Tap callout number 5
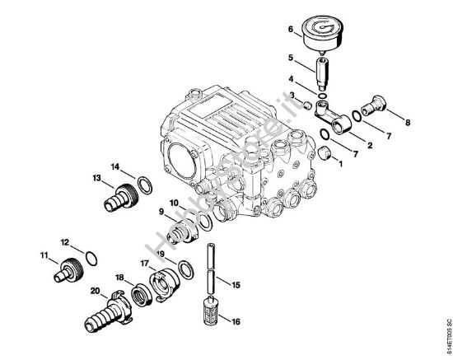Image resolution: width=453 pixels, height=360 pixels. [x=291, y=57]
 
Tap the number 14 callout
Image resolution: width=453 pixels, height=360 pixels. [x=116, y=167]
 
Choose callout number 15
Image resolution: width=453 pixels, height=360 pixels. [x=236, y=285]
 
